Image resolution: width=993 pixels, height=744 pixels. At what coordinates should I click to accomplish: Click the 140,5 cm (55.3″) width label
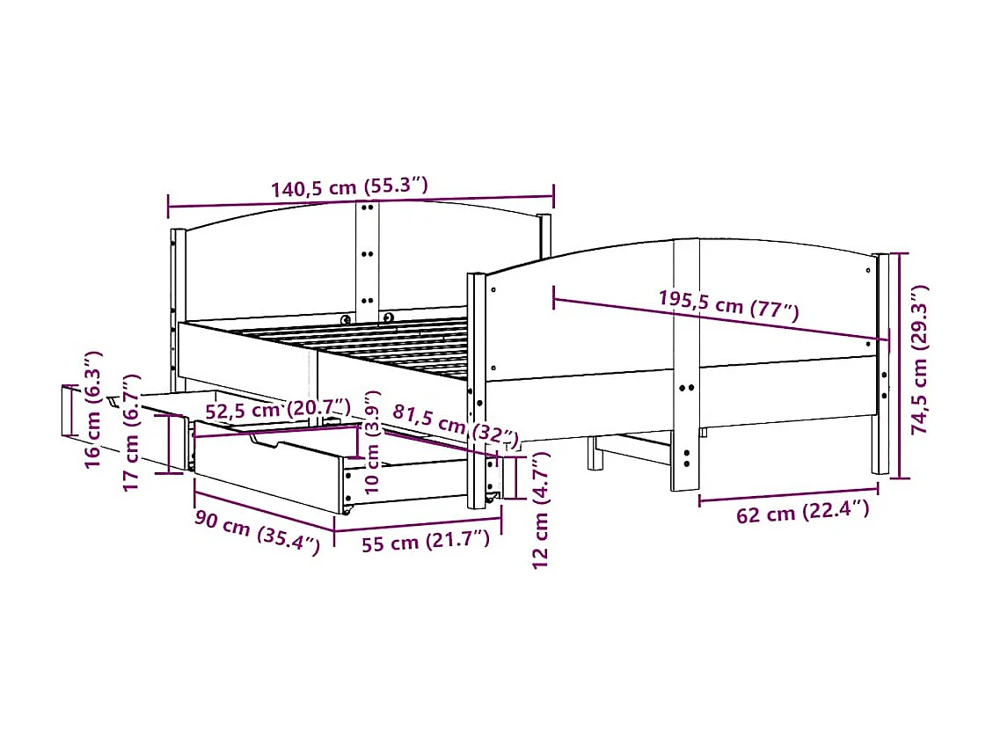click(x=349, y=186)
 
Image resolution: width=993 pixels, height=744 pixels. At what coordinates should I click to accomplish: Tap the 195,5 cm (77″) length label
click(x=728, y=304)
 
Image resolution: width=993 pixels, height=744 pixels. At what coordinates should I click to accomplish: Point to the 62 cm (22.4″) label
click(x=803, y=512)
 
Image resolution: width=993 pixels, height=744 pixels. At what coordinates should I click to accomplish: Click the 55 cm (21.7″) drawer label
click(x=425, y=541)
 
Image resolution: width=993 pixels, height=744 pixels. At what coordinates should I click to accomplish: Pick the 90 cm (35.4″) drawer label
click(x=257, y=531)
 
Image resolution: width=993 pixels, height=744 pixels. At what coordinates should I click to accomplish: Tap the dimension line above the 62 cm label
click(x=788, y=495)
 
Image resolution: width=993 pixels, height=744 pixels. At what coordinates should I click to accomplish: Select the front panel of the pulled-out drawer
click(x=264, y=475)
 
